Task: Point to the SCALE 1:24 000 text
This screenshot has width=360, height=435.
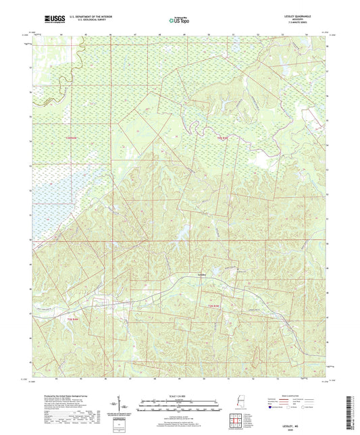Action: pyautogui.click(x=180, y=394)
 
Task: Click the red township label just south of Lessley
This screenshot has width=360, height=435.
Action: pyautogui.click(x=213, y=307)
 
